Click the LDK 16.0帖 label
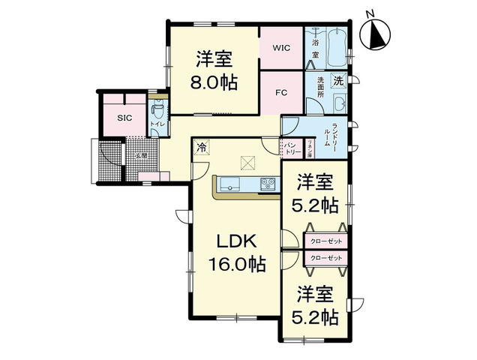click(x=237, y=252)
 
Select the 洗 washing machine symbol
click(x=338, y=79)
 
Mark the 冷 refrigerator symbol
click(x=201, y=148)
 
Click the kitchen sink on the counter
click(x=226, y=184)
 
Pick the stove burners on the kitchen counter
click(x=268, y=184)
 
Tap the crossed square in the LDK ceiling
click(x=247, y=160)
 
